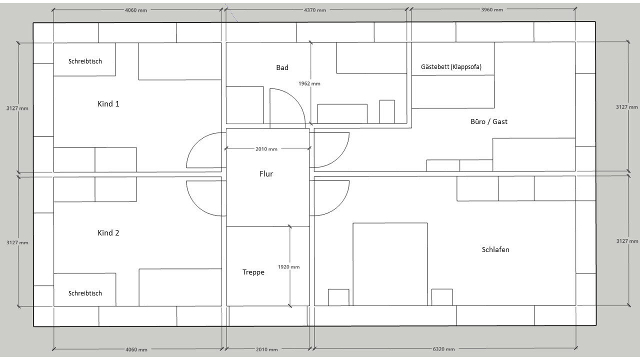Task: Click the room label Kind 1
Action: tap(108, 103)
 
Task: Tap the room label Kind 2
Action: tap(108, 233)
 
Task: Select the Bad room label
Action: tap(282, 67)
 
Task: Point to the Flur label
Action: tap(266, 173)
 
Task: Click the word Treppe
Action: tap(253, 272)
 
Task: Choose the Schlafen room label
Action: tap(495, 249)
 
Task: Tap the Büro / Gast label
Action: tap(489, 121)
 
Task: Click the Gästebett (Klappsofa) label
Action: tap(451, 67)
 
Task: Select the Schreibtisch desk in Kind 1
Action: tap(84, 59)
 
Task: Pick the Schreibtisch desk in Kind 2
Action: tap(85, 289)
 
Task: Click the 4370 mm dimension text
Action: tap(315, 10)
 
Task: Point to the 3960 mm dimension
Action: tap(492, 9)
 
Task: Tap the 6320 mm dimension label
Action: tap(443, 349)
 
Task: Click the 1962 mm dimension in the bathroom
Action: tap(309, 83)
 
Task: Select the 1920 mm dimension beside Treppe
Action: tap(288, 267)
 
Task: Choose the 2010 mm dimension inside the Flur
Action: tap(266, 149)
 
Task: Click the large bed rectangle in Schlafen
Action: tap(390, 264)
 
